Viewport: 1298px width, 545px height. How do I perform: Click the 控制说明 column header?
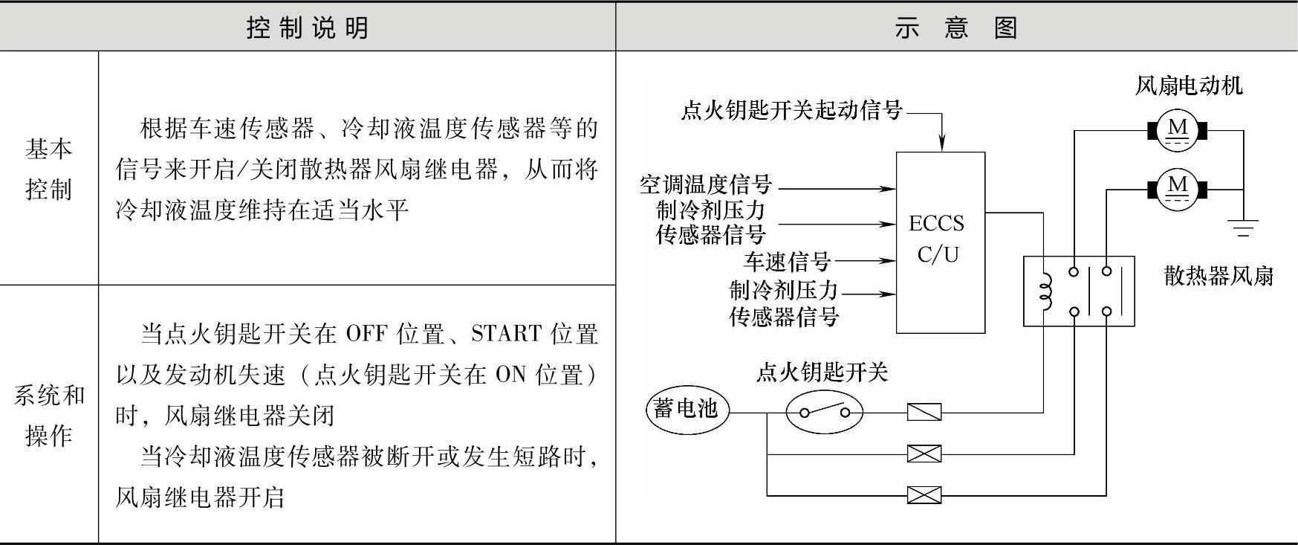[x=308, y=28]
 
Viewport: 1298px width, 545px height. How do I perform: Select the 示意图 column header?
[x=955, y=28]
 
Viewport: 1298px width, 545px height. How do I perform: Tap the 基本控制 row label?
[x=49, y=169]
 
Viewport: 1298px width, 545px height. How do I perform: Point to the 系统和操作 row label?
[x=49, y=415]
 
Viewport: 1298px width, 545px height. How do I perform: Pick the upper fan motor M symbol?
[x=1178, y=131]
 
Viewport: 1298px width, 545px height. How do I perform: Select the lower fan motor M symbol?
[x=1178, y=189]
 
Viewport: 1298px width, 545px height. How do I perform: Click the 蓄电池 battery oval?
[x=687, y=408]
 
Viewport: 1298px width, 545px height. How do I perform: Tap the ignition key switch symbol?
[x=825, y=411]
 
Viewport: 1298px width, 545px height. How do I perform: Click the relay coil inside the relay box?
[x=1045, y=291]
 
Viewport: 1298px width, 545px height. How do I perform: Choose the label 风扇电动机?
[x=1189, y=86]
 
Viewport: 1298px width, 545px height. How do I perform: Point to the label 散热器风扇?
[x=1219, y=276]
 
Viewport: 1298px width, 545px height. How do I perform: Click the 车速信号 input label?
[x=788, y=261]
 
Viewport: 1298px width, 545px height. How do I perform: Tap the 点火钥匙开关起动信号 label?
[x=791, y=111]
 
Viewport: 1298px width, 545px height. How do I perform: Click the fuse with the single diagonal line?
[x=924, y=411]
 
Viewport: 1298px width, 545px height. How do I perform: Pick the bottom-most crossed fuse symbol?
[x=924, y=494]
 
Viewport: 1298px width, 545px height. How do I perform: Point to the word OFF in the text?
[x=367, y=334]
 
